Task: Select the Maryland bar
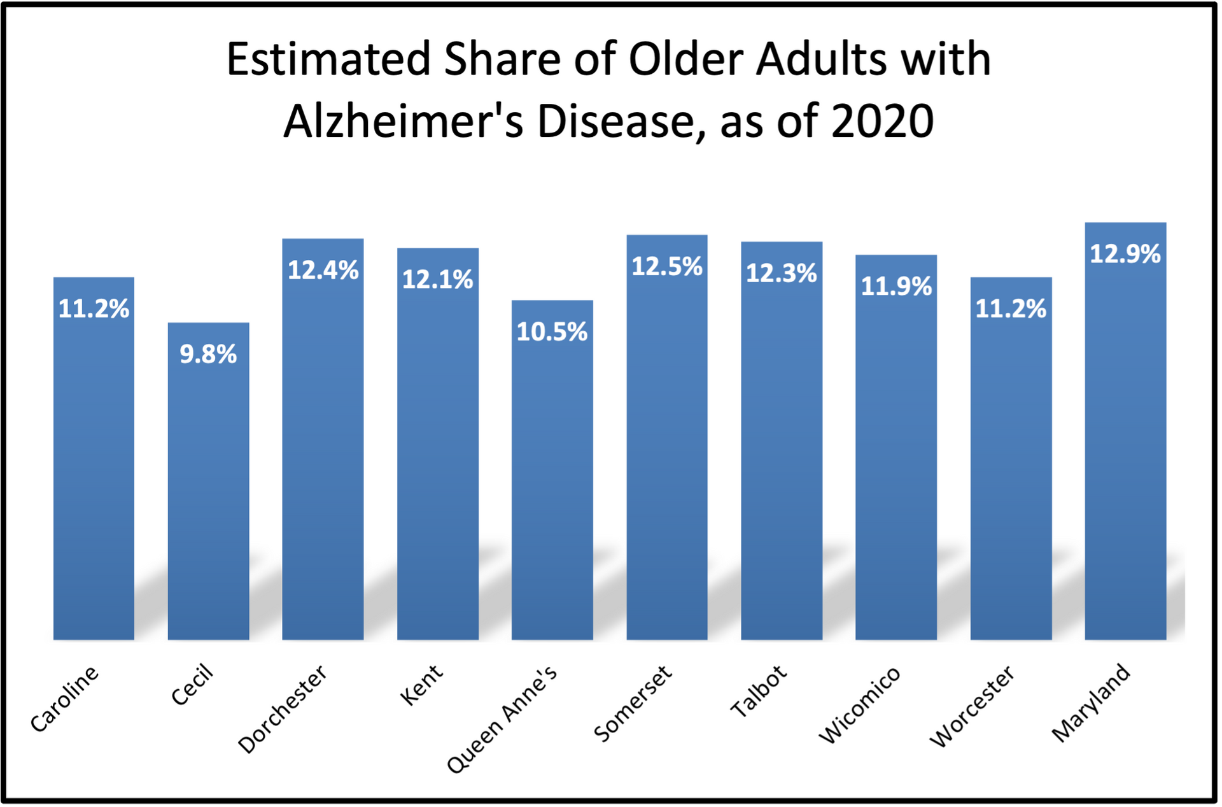pyautogui.click(x=1125, y=446)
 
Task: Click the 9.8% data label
pyautogui.click(x=208, y=354)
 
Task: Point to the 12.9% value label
pyautogui.click(x=1125, y=254)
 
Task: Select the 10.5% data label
pyautogui.click(x=552, y=332)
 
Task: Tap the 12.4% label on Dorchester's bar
pyautogui.click(x=323, y=270)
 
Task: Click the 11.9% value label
pyautogui.click(x=896, y=286)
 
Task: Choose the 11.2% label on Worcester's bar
pyautogui.click(x=1011, y=309)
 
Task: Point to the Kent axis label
pyautogui.click(x=421, y=685)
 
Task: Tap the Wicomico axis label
pyautogui.click(x=859, y=704)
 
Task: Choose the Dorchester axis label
pyautogui.click(x=283, y=709)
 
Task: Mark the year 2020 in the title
pyautogui.click(x=882, y=121)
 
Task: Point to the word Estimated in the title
pyautogui.click(x=328, y=59)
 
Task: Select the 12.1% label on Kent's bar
pyautogui.click(x=437, y=280)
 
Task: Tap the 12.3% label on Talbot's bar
pyautogui.click(x=782, y=273)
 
